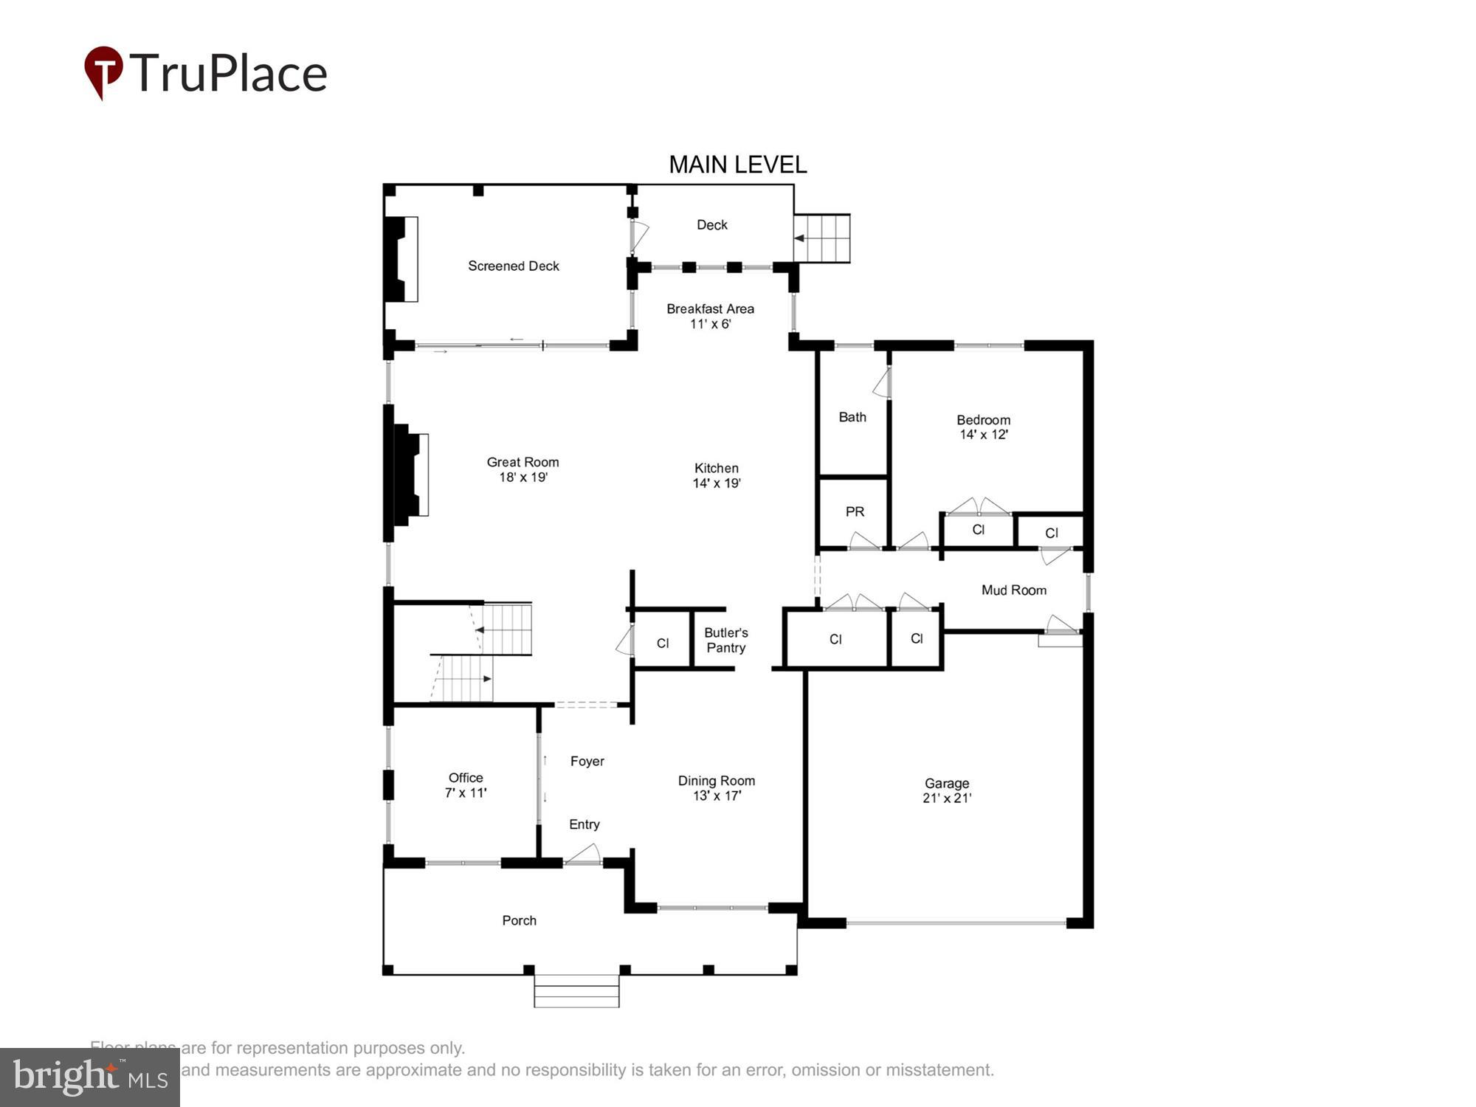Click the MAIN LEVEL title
pyautogui.click(x=737, y=165)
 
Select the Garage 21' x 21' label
pyautogui.click(x=947, y=790)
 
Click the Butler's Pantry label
pyautogui.click(x=725, y=640)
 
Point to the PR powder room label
pyautogui.click(x=855, y=511)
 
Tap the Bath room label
pyautogui.click(x=852, y=417)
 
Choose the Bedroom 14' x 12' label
pyautogui.click(x=983, y=427)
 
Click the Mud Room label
pyautogui.click(x=1013, y=590)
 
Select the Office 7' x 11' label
pyautogui.click(x=466, y=785)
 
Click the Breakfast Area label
pyautogui.click(x=710, y=309)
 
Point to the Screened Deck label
pyautogui.click(x=514, y=266)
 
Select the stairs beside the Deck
pyautogui.click(x=822, y=238)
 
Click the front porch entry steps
pyautogui.click(x=576, y=991)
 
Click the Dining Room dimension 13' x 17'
pyautogui.click(x=717, y=796)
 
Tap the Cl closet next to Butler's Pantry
pyautogui.click(x=663, y=643)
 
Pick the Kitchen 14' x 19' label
pyautogui.click(x=716, y=475)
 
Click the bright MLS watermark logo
pyautogui.click(x=90, y=1077)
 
